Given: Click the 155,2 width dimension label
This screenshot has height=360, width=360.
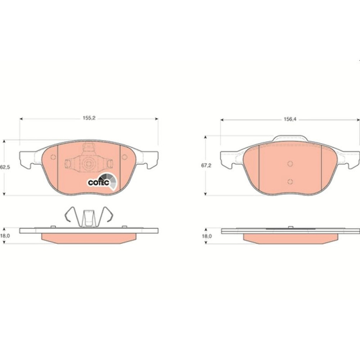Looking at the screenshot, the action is click(89, 118).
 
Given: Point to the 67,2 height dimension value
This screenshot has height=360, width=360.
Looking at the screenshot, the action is click(206, 165).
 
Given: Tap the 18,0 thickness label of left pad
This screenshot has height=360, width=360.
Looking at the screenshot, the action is click(5, 236).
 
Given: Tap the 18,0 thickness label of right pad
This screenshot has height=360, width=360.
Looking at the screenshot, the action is click(207, 236).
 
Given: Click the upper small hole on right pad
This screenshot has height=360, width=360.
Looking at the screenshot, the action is click(290, 164).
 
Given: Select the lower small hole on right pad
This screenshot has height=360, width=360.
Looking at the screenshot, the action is click(290, 181).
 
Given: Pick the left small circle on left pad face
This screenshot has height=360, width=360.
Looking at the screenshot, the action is click(53, 157).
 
